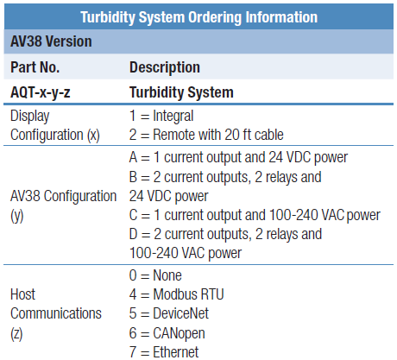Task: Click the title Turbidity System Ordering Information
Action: [x=198, y=17]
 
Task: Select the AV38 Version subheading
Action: [x=51, y=41]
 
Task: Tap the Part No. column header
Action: [x=35, y=67]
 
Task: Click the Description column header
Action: [x=165, y=67]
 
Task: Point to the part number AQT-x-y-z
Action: [x=41, y=92]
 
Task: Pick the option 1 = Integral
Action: [x=161, y=116]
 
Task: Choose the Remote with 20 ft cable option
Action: [x=206, y=135]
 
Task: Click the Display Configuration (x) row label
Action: [x=55, y=125]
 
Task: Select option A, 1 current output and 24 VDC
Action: [x=238, y=158]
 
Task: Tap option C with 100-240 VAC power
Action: [x=255, y=215]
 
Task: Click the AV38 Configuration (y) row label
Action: [x=63, y=205]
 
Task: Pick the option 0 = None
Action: [x=155, y=275]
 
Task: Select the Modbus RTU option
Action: [x=176, y=294]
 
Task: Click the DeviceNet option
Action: [x=169, y=313]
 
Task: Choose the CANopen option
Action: [x=167, y=333]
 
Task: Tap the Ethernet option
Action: [x=164, y=352]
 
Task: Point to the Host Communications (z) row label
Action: [x=56, y=313]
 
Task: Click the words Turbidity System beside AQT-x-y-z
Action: [x=181, y=92]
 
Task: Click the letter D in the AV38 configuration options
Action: [x=134, y=234]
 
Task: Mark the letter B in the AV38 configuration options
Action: [x=133, y=177]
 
